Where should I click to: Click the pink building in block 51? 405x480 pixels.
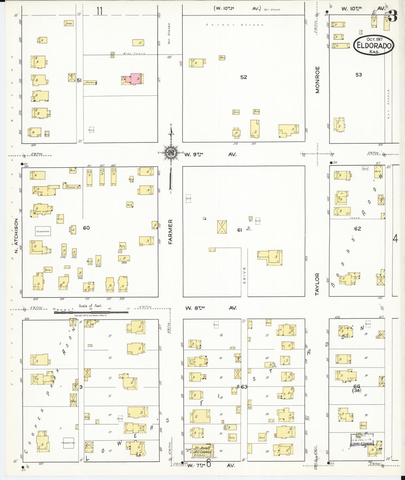click(x=136, y=79)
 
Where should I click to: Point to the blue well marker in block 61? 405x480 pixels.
click(x=249, y=228)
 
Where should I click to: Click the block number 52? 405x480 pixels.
click(x=244, y=77)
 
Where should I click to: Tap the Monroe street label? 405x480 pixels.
click(x=318, y=80)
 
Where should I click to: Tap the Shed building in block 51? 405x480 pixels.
click(x=69, y=23)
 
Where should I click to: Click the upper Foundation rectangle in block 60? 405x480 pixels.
click(x=43, y=231)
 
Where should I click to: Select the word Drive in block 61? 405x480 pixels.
click(x=244, y=275)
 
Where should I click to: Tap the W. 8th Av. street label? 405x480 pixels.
click(x=211, y=308)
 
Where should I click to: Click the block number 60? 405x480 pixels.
click(x=86, y=228)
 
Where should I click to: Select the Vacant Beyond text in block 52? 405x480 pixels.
click(x=235, y=25)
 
